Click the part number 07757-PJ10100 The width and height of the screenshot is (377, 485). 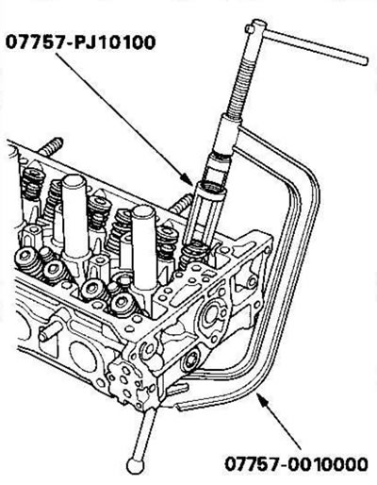pos(80,42)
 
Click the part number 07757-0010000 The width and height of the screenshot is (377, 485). pos(296,464)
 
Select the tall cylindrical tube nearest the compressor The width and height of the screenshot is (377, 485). pos(144,248)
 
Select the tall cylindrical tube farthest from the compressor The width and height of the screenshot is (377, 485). pos(74,217)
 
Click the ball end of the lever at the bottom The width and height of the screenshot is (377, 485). pos(136,465)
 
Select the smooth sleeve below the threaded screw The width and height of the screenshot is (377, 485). pos(226,135)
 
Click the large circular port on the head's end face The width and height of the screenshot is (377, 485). pos(210,319)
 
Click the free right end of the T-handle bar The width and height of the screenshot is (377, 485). pos(364,60)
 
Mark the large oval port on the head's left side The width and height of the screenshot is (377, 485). pos(83,357)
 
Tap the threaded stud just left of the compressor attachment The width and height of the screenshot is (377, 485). pos(181,204)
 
